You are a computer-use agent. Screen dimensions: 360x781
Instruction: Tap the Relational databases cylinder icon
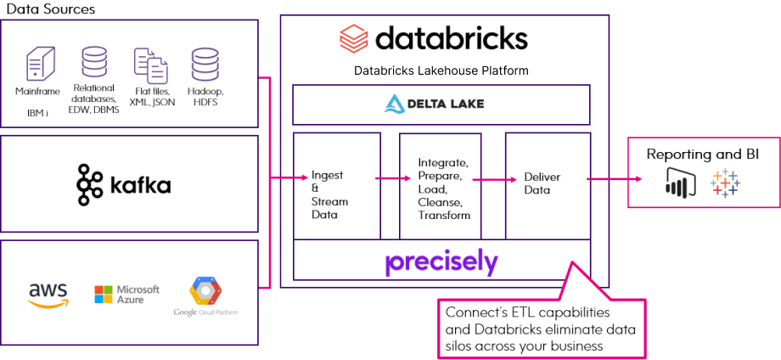(93, 63)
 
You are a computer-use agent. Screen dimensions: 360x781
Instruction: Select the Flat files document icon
(150, 65)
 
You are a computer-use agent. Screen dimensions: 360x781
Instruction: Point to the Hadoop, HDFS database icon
(204, 65)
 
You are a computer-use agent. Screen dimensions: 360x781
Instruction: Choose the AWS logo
(48, 295)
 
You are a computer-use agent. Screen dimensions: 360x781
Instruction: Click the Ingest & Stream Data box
(336, 185)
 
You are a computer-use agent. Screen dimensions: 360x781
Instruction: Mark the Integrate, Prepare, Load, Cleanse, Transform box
(440, 185)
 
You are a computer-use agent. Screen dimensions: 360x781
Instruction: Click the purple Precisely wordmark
(441, 261)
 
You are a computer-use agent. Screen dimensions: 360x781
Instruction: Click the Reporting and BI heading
(702, 155)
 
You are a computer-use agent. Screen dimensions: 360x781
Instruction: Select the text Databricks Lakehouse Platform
(441, 70)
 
